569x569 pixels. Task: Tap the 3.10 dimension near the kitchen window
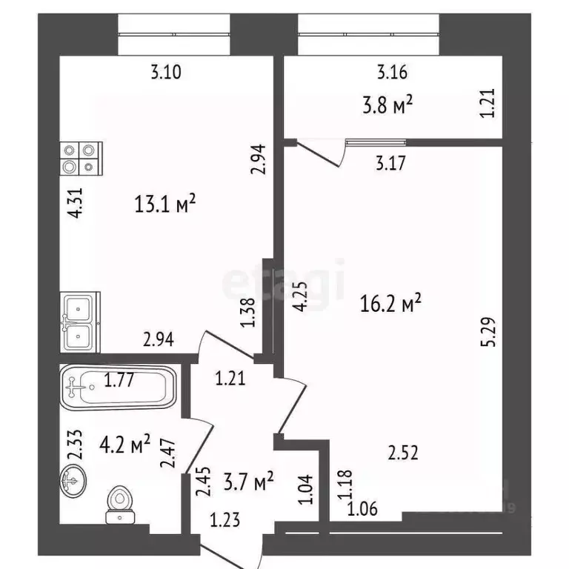coord(166,72)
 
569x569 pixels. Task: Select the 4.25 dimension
coord(299,299)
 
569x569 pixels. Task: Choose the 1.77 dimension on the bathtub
coord(119,381)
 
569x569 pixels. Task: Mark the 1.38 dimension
coord(249,313)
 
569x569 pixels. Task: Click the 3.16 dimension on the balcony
coord(393,72)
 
